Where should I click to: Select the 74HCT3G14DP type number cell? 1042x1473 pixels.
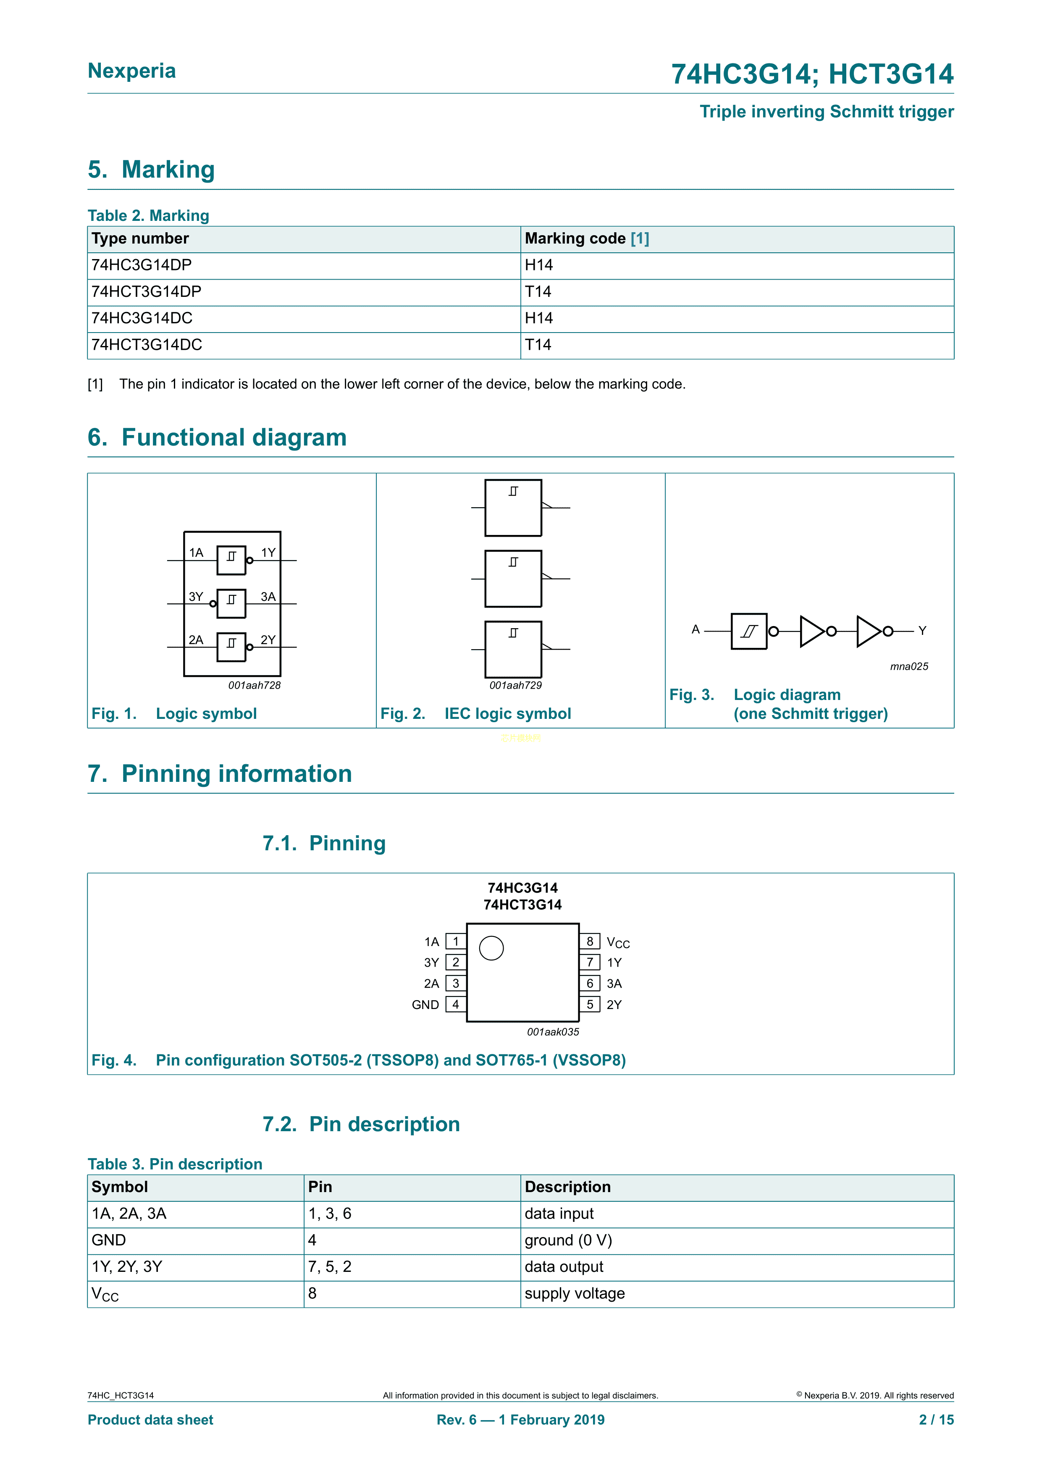tap(146, 292)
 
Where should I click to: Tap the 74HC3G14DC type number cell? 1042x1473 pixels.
tap(142, 318)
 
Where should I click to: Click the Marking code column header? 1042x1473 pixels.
tap(586, 239)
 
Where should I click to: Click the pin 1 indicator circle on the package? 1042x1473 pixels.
tap(491, 948)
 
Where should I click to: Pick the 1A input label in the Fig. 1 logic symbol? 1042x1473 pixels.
tap(196, 553)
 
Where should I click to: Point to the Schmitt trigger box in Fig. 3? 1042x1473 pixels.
tap(749, 631)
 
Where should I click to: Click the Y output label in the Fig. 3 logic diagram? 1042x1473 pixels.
tap(922, 631)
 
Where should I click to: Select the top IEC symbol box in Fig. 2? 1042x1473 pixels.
tap(513, 508)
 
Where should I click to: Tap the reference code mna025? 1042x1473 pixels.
tap(908, 666)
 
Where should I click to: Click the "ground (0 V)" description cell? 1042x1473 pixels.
tap(568, 1240)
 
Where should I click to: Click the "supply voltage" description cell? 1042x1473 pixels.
tap(574, 1293)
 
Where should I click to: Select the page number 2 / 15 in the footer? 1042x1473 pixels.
tap(936, 1420)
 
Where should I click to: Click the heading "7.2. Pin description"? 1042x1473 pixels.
tap(361, 1124)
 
